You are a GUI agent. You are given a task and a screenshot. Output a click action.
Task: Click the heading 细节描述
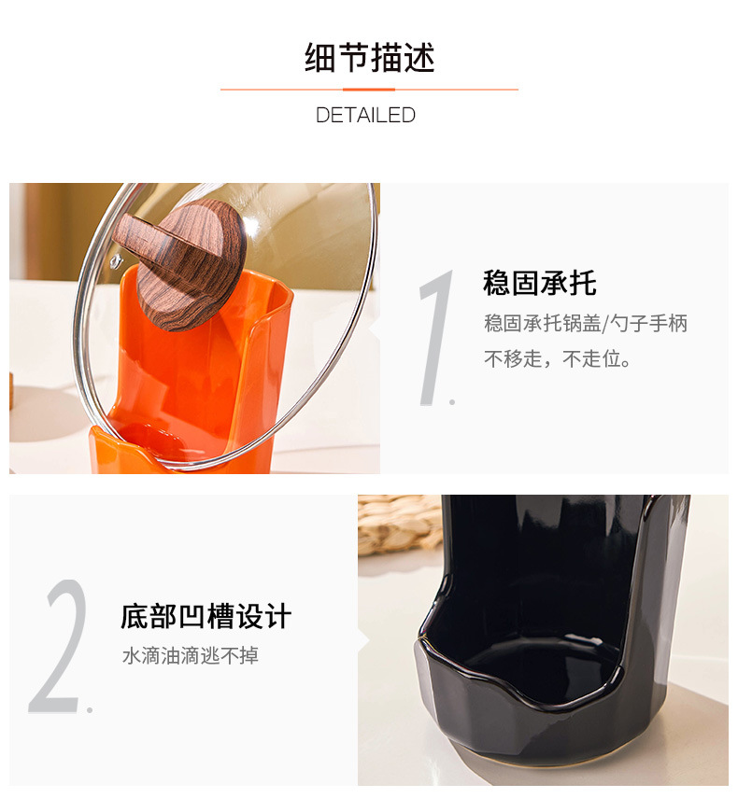(369, 58)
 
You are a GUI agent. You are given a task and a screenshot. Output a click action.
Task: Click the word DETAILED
(365, 116)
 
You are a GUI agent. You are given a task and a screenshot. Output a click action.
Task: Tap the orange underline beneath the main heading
(369, 90)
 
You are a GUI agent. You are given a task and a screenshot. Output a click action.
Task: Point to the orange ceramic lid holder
(215, 373)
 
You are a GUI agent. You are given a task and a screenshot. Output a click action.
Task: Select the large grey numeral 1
(435, 338)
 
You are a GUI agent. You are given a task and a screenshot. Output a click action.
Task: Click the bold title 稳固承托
(539, 283)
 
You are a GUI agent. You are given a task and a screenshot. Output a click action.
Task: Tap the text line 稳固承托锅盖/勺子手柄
(585, 324)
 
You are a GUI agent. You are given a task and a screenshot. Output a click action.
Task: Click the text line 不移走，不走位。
(558, 359)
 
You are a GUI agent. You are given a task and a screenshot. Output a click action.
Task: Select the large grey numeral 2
(58, 648)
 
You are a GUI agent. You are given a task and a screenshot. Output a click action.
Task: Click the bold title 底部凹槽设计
(206, 617)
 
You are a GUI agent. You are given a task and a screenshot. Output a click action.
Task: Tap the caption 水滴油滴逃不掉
(190, 656)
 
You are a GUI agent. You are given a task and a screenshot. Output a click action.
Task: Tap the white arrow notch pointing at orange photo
(376, 329)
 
